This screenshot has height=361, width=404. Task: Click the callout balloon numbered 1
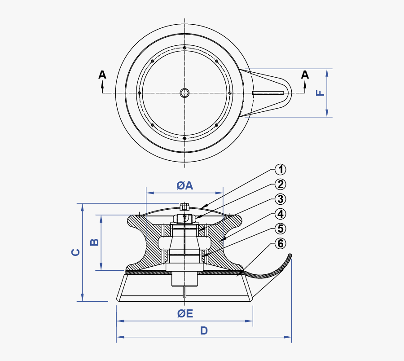click(280, 170)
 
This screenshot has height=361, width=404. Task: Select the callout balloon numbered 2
click(280, 184)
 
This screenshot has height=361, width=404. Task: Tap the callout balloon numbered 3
click(280, 199)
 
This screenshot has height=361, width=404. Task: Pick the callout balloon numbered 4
click(280, 214)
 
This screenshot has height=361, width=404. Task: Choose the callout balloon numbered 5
click(280, 229)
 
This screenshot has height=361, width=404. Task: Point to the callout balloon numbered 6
click(280, 243)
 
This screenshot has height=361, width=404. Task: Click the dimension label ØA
click(184, 185)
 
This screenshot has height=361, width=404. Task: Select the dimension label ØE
click(184, 314)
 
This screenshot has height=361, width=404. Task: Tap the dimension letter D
click(204, 331)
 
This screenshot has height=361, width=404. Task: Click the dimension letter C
click(76, 252)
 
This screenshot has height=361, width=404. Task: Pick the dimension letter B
click(95, 242)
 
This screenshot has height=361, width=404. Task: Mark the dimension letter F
click(320, 93)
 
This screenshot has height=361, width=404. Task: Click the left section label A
click(102, 75)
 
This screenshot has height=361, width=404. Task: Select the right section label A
click(305, 75)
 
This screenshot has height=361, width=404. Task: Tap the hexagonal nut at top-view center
click(184, 93)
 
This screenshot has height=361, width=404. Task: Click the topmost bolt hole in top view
click(184, 48)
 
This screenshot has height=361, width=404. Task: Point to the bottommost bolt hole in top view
click(184, 138)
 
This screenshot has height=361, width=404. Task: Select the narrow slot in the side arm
click(268, 93)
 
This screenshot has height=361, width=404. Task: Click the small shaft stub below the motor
click(184, 292)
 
